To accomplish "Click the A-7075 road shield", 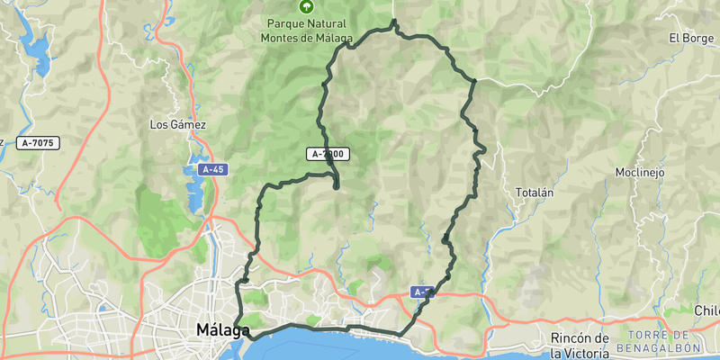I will click(x=38, y=142).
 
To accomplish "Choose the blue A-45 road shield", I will click(x=212, y=169).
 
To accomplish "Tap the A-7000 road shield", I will click(x=328, y=154).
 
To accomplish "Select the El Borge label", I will click(x=690, y=38).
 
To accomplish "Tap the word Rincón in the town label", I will click(x=571, y=337).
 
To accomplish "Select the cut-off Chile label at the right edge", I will click(x=706, y=310).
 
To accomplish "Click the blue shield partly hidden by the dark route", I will click(x=423, y=292).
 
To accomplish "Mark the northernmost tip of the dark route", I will click(x=395, y=20).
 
